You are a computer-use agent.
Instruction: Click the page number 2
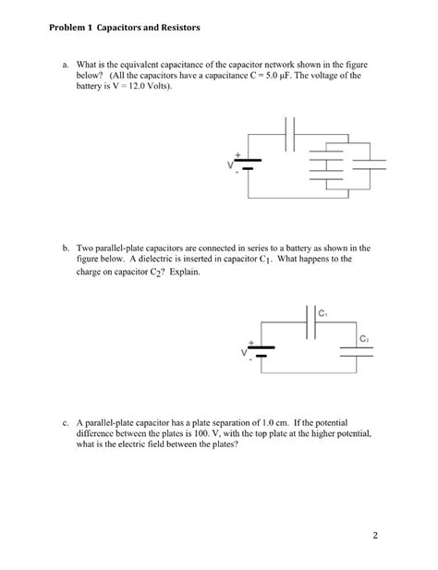tap(376, 535)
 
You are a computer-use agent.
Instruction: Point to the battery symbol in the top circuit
tap(249, 164)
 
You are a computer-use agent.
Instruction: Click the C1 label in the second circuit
tap(323, 314)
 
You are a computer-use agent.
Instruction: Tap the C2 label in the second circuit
tap(365, 339)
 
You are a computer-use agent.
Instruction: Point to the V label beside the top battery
tap(230, 165)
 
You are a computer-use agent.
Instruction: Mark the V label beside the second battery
tap(244, 353)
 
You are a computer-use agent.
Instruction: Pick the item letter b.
tap(67, 249)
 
